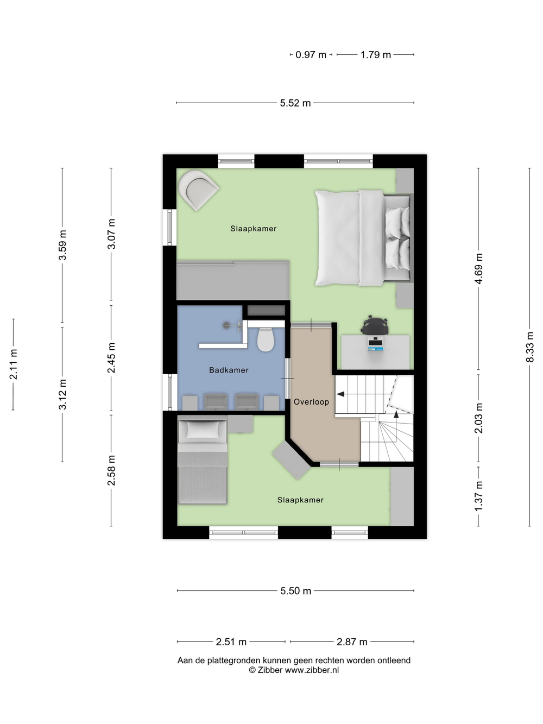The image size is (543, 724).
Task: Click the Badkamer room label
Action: (x=229, y=370)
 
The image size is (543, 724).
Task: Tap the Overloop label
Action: (x=311, y=402)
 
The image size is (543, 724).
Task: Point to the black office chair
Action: (x=375, y=325)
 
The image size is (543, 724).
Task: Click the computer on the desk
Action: (x=375, y=344)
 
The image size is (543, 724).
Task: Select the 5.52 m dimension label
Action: (x=295, y=103)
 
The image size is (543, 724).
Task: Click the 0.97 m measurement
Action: (x=311, y=55)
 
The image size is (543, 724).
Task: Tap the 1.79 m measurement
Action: (x=376, y=55)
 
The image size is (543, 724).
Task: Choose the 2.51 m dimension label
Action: (x=231, y=642)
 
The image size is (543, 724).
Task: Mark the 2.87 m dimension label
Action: (x=352, y=642)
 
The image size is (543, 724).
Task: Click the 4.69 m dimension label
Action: (x=479, y=268)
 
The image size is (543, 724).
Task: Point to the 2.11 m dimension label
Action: (x=14, y=364)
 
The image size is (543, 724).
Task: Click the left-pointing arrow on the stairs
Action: (x=340, y=394)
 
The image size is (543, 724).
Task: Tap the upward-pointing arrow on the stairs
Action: (x=396, y=414)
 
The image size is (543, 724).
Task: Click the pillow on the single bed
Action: (x=203, y=430)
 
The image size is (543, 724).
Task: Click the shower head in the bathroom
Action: (x=226, y=325)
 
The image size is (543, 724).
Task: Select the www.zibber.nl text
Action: (x=312, y=670)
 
